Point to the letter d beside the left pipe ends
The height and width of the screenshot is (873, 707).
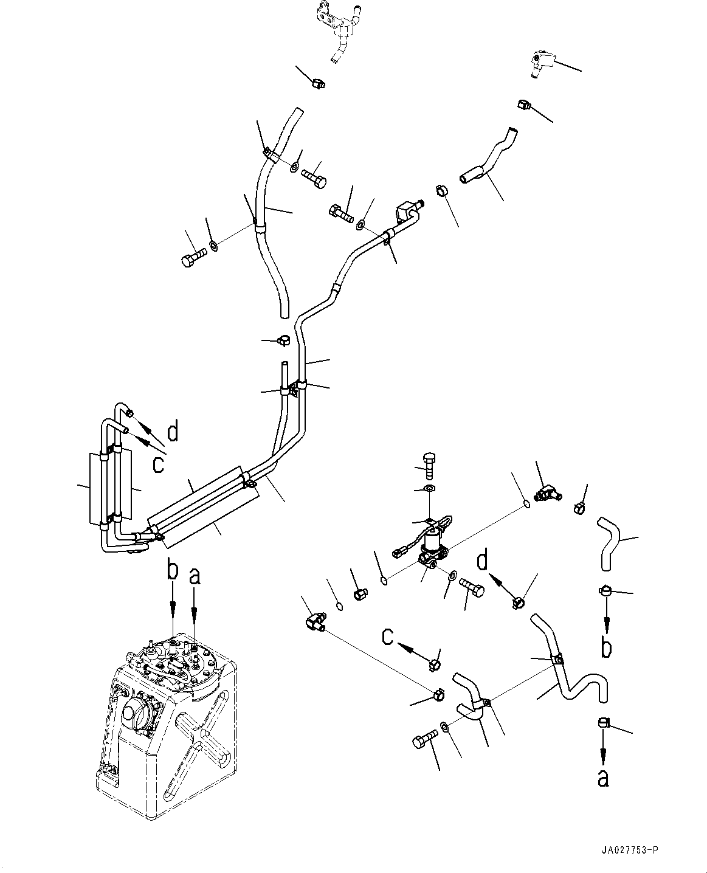[x=173, y=432]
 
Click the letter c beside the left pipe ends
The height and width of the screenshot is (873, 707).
[x=159, y=464]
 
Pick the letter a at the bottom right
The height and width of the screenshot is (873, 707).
[x=602, y=777]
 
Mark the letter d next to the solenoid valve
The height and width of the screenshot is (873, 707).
[x=483, y=561]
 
